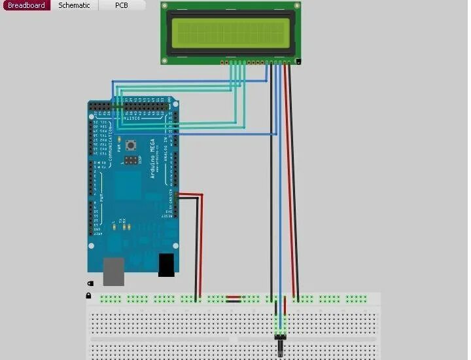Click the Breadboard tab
click(26, 5)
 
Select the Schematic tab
click(74, 5)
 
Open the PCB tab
click(122, 5)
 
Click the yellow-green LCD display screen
click(231, 32)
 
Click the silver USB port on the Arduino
click(113, 271)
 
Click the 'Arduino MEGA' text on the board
click(154, 160)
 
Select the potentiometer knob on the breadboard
click(281, 346)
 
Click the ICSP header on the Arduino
click(132, 159)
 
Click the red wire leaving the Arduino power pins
click(201, 242)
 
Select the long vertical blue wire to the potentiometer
click(280, 196)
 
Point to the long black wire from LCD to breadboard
click(271, 196)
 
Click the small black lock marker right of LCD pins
click(298, 62)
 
